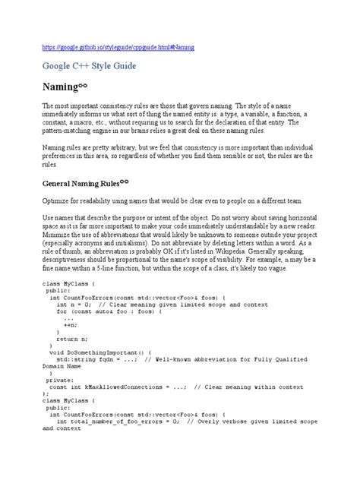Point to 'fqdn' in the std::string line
coord(99,360)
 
